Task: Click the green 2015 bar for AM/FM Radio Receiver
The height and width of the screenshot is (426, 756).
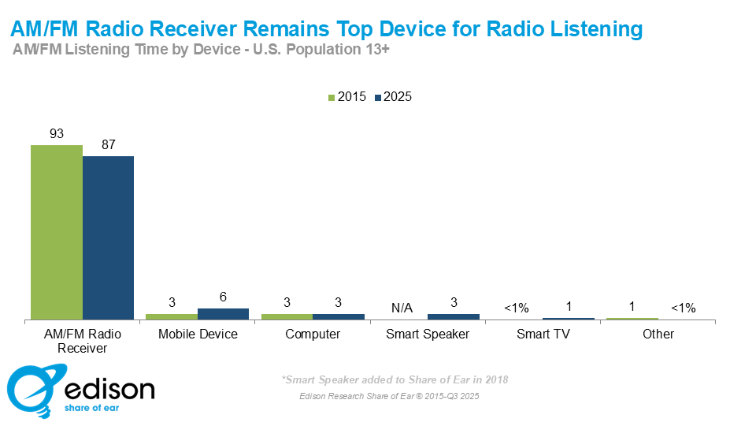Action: pos(57,232)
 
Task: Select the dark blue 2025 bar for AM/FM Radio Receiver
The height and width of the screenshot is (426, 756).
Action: pos(108,237)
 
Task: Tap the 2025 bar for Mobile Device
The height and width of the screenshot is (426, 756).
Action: pos(223,313)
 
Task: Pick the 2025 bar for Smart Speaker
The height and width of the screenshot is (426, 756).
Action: pos(453,316)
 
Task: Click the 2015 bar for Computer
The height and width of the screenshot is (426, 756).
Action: pos(287,316)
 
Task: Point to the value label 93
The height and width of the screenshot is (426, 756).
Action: pos(57,134)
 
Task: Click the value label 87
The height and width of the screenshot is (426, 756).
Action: pos(108,145)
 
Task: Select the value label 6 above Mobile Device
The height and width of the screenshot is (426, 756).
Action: pos(223,297)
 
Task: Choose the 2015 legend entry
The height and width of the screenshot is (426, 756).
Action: pos(346,97)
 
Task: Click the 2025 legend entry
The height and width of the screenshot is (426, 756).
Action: pos(393,97)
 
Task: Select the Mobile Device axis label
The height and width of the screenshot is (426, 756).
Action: pos(198,334)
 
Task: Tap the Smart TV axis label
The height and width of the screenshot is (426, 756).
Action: pos(543,334)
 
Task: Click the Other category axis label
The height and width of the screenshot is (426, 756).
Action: pos(658,334)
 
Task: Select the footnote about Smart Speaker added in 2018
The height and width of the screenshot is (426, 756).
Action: pos(395,379)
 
